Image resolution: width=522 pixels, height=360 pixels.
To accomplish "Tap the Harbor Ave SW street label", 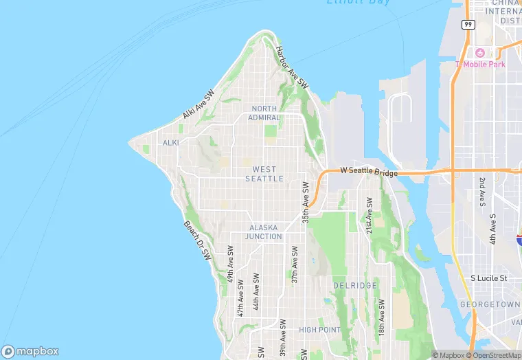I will point(291,66).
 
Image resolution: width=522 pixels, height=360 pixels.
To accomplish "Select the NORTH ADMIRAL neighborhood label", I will point(264,113).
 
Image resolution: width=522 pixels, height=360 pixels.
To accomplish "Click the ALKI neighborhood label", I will point(170,143).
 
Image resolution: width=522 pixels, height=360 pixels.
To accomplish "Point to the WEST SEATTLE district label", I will point(264,174).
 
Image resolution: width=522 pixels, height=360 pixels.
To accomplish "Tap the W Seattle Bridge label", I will point(369,172).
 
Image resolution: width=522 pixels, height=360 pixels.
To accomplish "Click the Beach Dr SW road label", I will point(197,240).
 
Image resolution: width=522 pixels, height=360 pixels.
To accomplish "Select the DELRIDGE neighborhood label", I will point(354,285).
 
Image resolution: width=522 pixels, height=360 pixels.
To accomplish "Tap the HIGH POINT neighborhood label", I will point(320,330).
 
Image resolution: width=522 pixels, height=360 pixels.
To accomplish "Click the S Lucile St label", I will point(488,278).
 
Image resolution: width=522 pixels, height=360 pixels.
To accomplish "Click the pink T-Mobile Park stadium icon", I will point(479,53).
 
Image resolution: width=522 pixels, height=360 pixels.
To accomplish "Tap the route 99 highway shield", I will point(468,24).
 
